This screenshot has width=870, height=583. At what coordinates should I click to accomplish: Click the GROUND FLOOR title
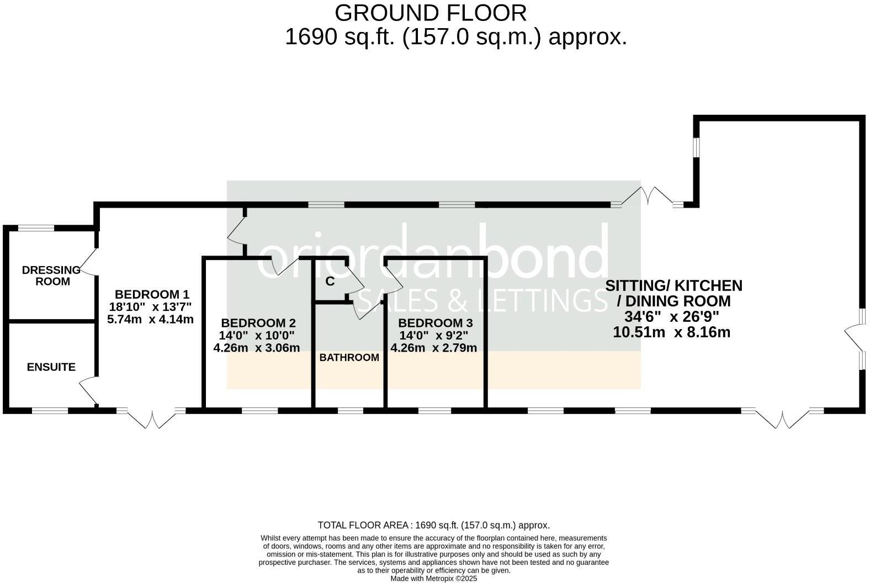tap(430, 13)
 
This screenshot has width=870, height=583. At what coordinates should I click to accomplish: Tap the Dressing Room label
tap(51, 275)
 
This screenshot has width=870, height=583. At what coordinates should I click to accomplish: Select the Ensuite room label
tap(51, 367)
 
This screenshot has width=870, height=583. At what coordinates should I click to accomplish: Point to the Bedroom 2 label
tap(258, 323)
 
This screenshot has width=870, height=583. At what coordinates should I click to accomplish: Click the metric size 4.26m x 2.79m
tap(433, 348)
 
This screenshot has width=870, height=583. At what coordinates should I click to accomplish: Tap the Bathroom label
tap(349, 358)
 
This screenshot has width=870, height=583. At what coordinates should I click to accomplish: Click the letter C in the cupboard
tap(330, 282)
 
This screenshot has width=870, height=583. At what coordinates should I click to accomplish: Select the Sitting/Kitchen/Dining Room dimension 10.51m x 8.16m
tap(671, 332)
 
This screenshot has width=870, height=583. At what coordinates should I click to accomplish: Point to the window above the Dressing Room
tap(36, 227)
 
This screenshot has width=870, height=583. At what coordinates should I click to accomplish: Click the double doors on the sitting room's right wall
tap(854, 338)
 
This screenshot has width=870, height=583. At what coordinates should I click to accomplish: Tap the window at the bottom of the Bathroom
tap(350, 410)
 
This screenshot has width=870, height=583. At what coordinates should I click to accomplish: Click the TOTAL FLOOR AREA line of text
tap(433, 525)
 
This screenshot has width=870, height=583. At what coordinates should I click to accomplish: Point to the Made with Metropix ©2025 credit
tap(433, 579)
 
